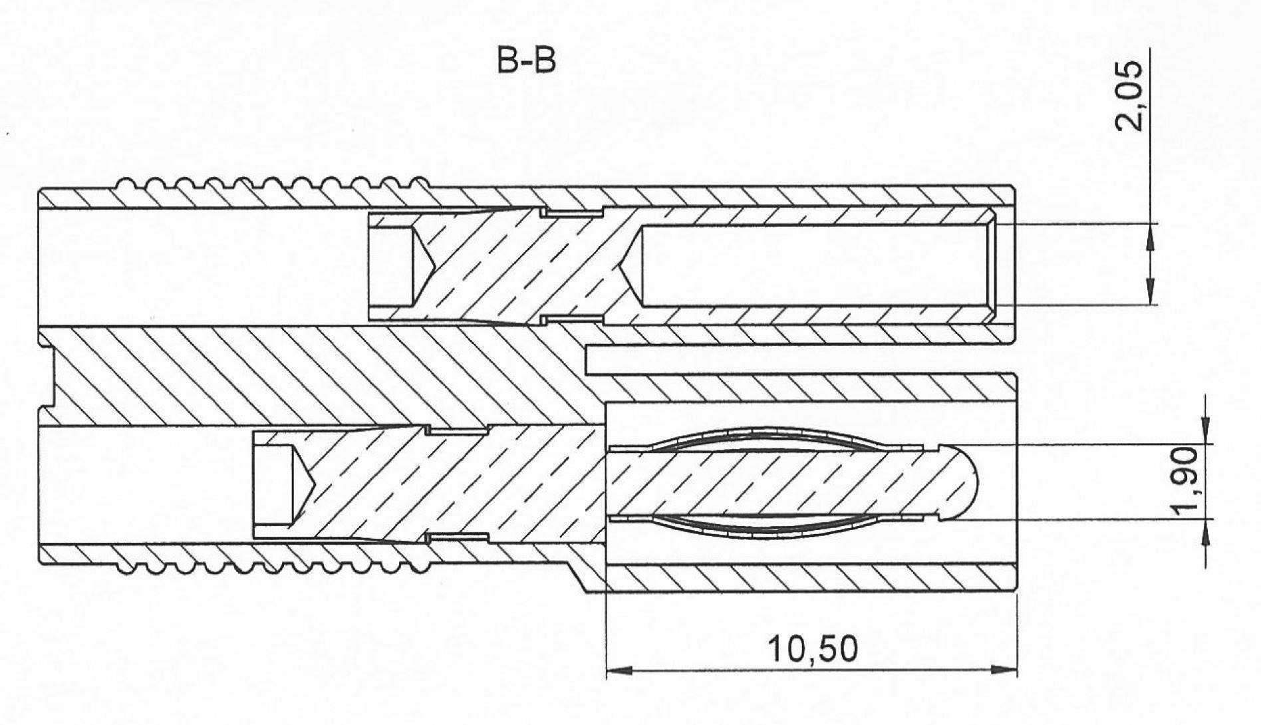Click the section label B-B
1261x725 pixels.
pyautogui.click(x=526, y=61)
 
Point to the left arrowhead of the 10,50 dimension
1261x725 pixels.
pyautogui.click(x=615, y=670)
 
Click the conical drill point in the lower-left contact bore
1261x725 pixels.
pyautogui.click(x=303, y=483)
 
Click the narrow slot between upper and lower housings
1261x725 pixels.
pyautogui.click(x=798, y=360)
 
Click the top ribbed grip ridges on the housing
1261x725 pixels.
pyautogui.click(x=273, y=184)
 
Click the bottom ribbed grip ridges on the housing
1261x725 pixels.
pyautogui.click(x=273, y=566)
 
